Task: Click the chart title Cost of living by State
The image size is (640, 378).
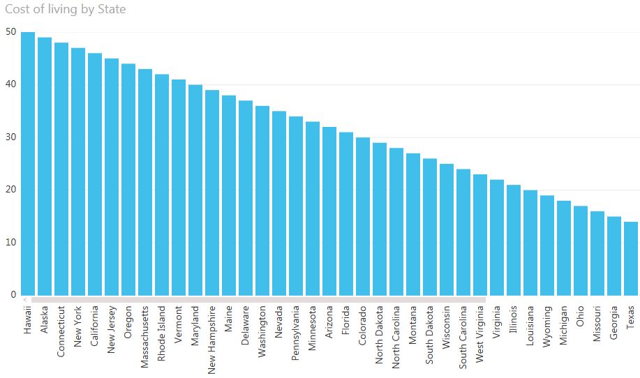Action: point(66,10)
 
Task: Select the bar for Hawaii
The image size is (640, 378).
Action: point(28,164)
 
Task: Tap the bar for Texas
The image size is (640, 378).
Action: point(631,258)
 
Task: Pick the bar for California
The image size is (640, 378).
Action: point(95,174)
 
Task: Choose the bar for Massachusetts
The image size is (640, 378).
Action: point(145,182)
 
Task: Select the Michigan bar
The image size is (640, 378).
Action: point(564,248)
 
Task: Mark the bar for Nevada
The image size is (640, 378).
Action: point(279,203)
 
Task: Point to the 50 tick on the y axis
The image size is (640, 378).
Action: point(10,32)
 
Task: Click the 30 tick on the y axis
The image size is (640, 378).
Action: point(10,137)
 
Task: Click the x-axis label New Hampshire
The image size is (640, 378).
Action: point(213,331)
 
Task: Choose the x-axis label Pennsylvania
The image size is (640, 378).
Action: point(297,331)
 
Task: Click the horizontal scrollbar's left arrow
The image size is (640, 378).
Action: point(24,300)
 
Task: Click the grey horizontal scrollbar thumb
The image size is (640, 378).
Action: point(258,300)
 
